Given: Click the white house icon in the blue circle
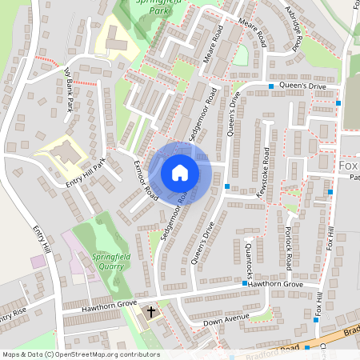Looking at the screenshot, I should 180,172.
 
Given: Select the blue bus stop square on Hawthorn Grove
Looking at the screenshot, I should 245,284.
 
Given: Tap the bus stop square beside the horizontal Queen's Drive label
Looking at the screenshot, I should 271,86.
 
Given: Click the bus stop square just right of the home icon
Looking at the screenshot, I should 228,187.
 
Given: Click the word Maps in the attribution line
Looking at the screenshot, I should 12,354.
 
